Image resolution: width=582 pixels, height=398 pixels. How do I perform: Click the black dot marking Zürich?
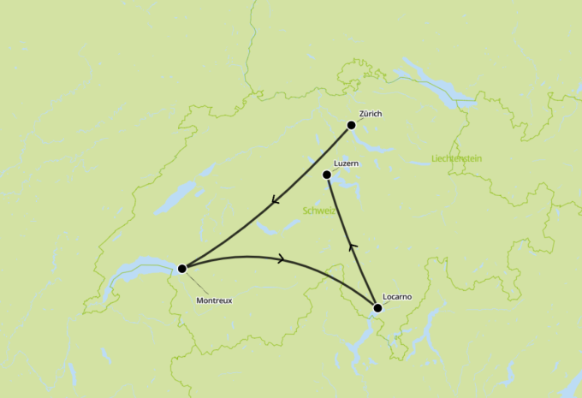click(351, 125)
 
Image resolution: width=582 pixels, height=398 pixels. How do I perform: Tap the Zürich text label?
click(371, 113)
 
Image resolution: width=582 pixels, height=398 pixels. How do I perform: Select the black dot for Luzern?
click(326, 175)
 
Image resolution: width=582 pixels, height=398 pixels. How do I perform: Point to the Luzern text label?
click(346, 163)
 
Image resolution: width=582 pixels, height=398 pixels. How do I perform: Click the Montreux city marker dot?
click(181, 269)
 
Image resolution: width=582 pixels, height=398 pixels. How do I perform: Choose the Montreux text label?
click(214, 300)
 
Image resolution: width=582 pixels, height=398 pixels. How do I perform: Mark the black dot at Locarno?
click(377, 307)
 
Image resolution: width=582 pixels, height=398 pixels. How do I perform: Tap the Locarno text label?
click(398, 296)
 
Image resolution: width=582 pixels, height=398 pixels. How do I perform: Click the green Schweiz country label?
click(319, 211)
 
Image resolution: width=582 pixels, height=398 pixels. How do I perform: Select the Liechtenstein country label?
click(457, 159)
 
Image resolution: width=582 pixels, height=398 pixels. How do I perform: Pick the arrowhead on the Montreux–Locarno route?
click(280, 258)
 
